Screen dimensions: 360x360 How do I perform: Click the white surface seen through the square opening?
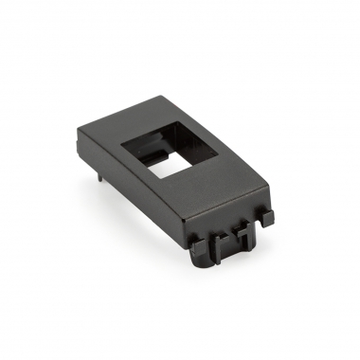pos(162,167)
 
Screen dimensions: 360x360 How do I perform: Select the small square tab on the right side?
pos(268,217)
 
